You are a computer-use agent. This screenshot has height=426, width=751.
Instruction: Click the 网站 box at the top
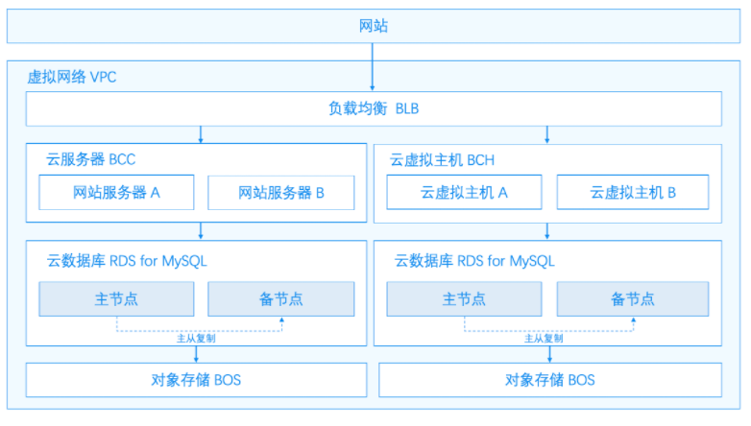[374, 26]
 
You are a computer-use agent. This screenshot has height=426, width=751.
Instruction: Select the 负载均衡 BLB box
[374, 108]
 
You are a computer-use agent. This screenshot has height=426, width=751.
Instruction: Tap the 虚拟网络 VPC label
[72, 77]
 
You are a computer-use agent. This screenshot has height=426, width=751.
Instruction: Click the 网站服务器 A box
[116, 193]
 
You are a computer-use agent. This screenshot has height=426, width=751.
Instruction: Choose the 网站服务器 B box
[281, 193]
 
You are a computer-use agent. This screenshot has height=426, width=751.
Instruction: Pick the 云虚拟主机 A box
[464, 193]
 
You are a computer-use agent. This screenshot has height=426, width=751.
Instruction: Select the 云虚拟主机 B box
[633, 193]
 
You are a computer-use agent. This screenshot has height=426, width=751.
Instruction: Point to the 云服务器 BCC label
[91, 159]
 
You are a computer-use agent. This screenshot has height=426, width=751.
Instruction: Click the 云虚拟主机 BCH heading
[442, 160]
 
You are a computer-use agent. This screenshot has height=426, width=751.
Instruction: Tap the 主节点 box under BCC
[116, 299]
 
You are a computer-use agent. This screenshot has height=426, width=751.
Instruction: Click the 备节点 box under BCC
[281, 299]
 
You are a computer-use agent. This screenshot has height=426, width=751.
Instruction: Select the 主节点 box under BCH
[464, 299]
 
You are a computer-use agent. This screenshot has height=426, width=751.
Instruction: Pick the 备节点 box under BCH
[633, 299]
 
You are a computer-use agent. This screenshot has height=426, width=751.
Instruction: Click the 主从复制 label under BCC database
[196, 339]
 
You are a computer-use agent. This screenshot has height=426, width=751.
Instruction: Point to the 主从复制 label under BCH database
[544, 339]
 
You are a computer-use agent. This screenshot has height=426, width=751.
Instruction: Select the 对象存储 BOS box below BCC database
[196, 380]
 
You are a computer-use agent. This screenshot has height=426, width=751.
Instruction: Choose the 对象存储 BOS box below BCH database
[550, 380]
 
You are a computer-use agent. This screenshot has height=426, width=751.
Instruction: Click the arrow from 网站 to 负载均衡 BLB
[373, 67]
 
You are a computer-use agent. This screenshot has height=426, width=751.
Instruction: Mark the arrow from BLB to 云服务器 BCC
[201, 134]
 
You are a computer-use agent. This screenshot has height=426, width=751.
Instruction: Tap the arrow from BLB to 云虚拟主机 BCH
[547, 134]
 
